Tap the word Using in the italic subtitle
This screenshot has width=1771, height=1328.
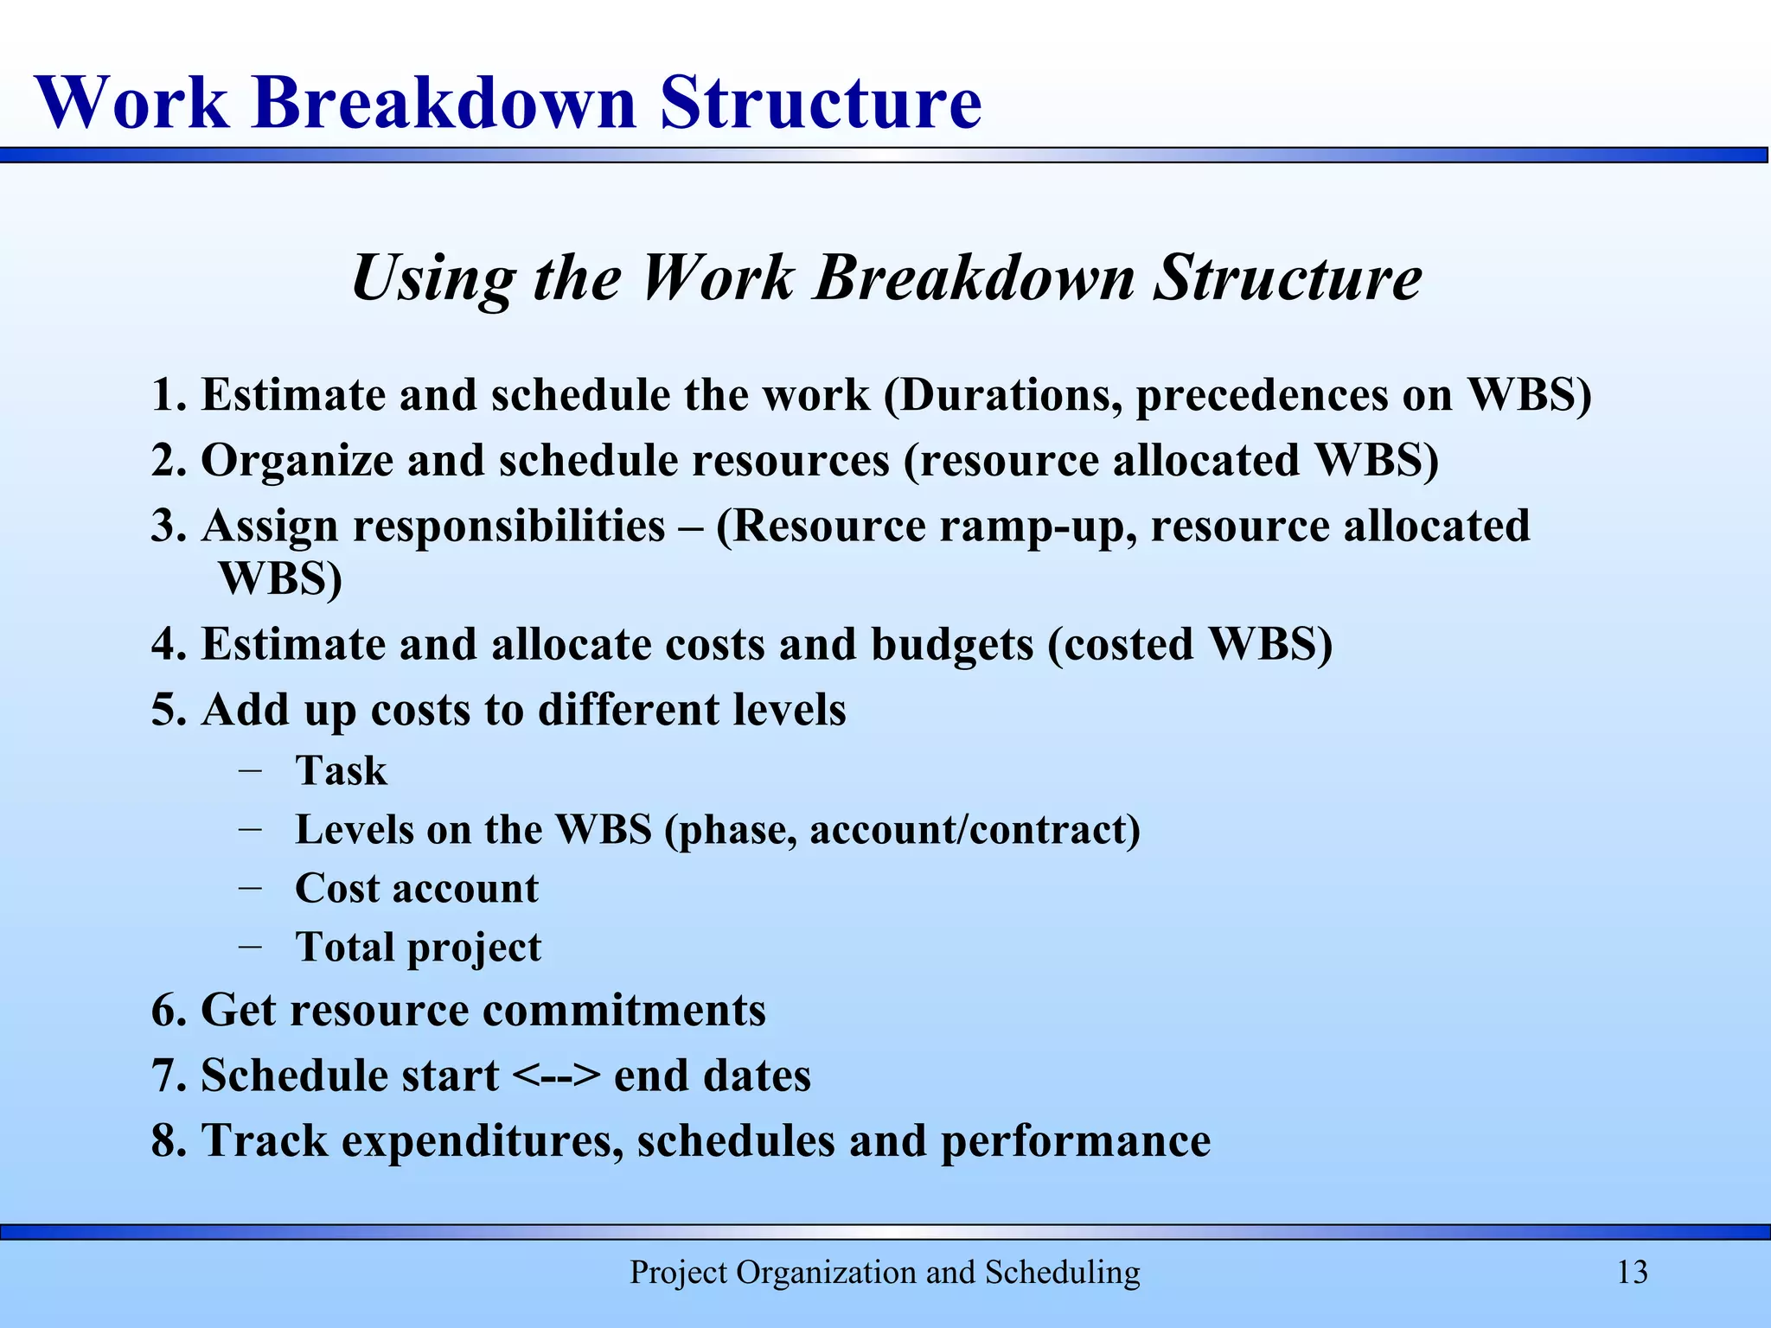coord(433,278)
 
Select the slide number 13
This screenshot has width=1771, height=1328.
coord(1632,1272)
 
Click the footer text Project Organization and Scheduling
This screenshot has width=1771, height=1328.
coord(885,1272)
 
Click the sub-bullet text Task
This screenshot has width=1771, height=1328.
coord(341,770)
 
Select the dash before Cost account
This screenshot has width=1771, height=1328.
coord(251,888)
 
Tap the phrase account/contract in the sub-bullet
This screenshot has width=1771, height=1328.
coord(975,830)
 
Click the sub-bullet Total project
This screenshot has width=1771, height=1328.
coord(419,948)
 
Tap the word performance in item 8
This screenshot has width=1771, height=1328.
coord(1075,1141)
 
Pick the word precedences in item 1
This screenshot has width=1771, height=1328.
coord(1260,395)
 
